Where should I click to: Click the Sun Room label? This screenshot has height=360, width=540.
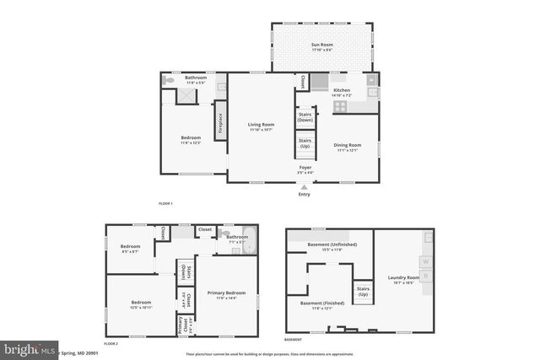321,46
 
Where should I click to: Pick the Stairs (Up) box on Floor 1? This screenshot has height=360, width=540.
305,143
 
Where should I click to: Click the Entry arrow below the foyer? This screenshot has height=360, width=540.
304,185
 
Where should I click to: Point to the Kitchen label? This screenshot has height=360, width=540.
341,91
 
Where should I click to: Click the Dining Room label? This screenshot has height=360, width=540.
347,147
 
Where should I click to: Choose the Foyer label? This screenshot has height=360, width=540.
305,169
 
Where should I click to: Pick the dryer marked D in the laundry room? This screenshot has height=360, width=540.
426,275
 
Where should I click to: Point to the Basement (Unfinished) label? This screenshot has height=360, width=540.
332,246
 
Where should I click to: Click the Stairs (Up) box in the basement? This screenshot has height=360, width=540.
363,292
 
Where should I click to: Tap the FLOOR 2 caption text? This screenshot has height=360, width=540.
111,344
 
